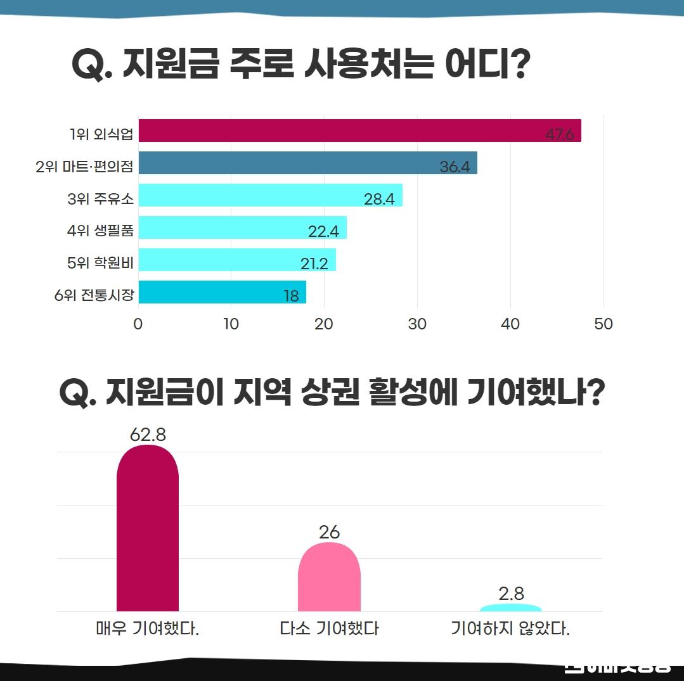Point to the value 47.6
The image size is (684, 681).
[x=559, y=135]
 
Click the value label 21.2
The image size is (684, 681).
[x=314, y=264]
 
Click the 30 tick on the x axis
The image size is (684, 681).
[x=417, y=324]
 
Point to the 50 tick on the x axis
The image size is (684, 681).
[x=603, y=324]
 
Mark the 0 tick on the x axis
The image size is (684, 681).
[x=138, y=324]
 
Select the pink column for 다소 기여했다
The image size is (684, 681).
[x=329, y=580]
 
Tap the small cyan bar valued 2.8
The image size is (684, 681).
[x=511, y=608]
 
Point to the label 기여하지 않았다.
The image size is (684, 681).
[x=510, y=629]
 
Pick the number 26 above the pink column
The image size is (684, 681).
[x=329, y=532]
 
